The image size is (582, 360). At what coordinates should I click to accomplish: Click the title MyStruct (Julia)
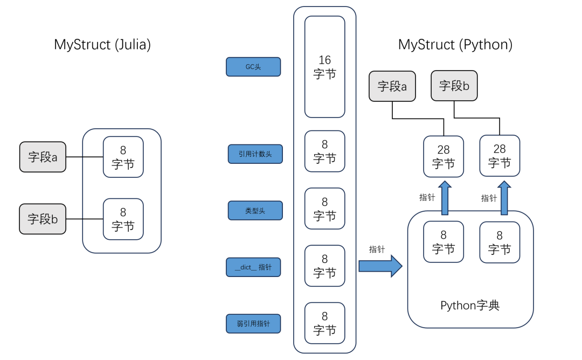102,45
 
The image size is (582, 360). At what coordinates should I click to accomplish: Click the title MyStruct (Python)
455,45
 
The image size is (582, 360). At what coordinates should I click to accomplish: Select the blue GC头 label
253,67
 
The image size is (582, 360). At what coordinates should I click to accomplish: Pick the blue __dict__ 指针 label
253,267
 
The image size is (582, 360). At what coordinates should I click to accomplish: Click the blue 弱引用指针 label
253,324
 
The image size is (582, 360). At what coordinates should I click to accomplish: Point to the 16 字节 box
324,67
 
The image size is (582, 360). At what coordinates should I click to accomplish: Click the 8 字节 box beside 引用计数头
324,151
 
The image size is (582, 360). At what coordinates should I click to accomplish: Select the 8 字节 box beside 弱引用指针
324,323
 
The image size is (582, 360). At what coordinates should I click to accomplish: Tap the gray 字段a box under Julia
43,157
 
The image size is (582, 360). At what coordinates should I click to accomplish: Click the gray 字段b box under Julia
43,219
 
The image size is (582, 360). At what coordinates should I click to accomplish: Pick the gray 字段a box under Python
392,86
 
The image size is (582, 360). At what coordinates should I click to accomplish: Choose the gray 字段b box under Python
454,86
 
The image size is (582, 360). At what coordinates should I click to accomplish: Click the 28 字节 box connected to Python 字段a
444,156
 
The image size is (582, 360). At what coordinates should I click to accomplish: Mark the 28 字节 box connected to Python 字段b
500,155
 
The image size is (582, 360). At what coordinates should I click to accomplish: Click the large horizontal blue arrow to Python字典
380,266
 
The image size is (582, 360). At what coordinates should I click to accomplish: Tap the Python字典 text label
470,306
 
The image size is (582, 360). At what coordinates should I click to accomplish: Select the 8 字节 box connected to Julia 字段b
123,219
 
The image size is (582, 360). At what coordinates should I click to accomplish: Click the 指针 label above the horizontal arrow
377,249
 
